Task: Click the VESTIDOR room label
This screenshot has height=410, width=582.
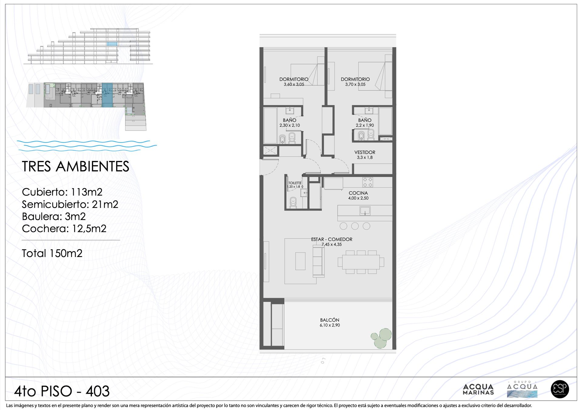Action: click(365, 152)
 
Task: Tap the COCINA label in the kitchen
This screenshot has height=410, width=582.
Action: click(358, 193)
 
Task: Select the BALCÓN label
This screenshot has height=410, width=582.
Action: click(329, 320)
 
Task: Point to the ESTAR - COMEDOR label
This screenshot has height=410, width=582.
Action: click(332, 239)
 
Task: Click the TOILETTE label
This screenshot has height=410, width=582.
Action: click(295, 183)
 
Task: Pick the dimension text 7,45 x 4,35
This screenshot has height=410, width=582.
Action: click(332, 245)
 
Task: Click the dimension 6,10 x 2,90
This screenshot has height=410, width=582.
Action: click(330, 325)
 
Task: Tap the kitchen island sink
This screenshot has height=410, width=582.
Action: click(365, 211)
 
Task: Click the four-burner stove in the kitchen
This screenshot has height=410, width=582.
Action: click(368, 182)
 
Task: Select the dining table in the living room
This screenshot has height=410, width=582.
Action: click(361, 262)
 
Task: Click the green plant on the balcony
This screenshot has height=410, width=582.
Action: click(381, 338)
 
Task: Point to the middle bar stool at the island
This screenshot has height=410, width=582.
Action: click(355, 226)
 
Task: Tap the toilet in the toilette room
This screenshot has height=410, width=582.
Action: click(293, 202)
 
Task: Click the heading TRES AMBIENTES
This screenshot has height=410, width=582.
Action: click(75, 167)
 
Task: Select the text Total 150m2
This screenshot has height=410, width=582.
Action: click(52, 253)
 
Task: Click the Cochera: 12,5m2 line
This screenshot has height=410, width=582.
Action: click(64, 228)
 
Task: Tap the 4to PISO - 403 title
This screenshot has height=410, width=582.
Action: click(62, 391)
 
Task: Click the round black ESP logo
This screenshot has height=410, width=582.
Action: click(560, 389)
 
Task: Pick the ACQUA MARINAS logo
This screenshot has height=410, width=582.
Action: click(478, 389)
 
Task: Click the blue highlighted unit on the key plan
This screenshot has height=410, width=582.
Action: click(107, 95)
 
